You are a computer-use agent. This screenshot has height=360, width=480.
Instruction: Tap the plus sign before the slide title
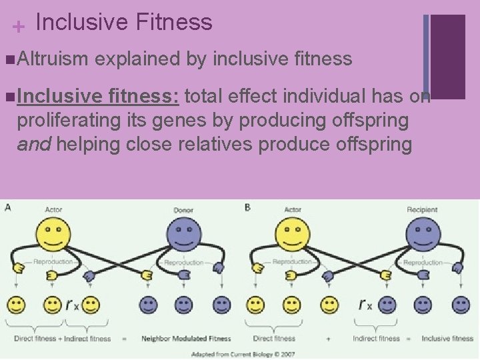[19, 27]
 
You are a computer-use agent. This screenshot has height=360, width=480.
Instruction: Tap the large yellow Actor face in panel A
[53, 235]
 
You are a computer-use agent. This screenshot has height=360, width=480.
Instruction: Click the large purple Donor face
[183, 235]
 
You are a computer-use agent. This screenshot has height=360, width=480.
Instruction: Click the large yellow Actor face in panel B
[293, 235]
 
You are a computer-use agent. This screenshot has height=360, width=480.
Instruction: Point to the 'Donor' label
[183, 210]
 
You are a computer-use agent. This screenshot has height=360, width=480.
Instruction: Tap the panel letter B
[247, 207]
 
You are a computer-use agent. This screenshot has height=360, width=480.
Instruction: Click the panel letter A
[7, 207]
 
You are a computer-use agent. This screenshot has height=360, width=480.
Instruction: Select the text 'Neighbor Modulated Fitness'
[186, 339]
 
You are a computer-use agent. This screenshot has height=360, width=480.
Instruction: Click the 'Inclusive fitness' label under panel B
[447, 339]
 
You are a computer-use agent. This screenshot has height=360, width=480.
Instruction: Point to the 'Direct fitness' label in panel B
[274, 339]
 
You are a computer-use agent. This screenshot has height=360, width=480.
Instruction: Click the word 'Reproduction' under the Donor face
[183, 263]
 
